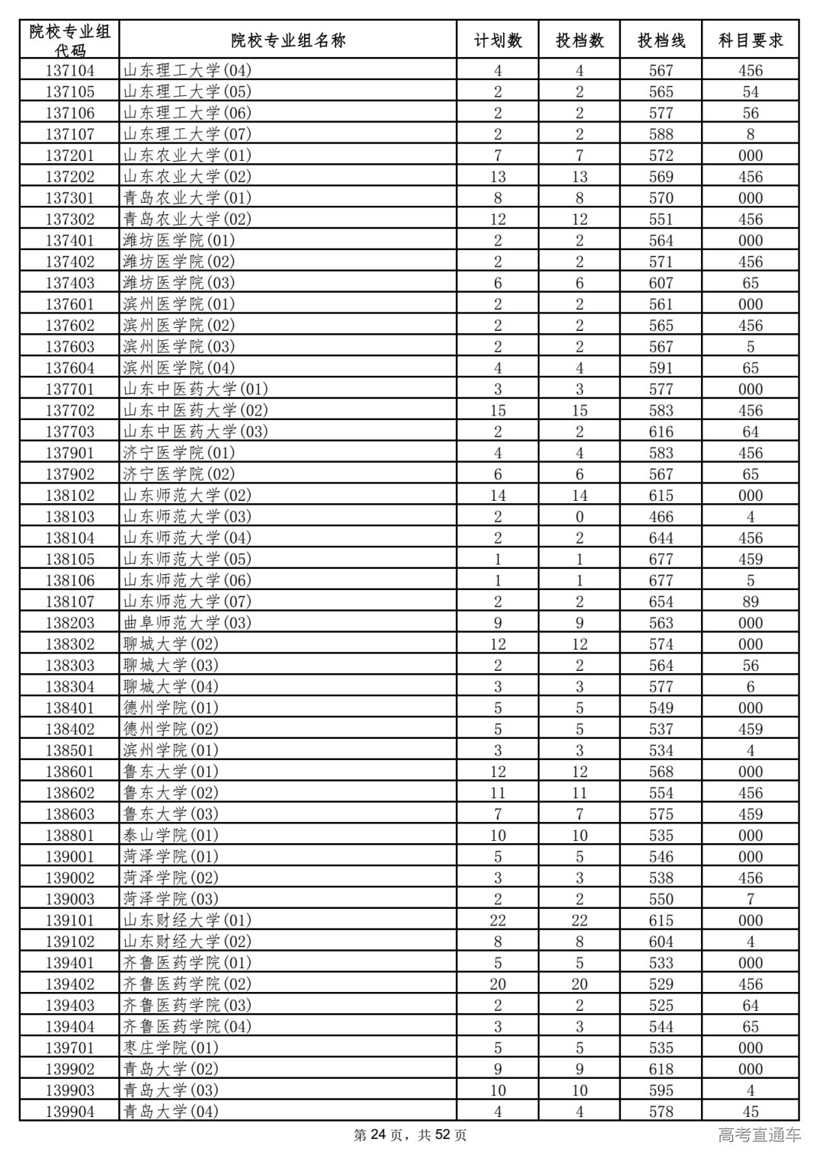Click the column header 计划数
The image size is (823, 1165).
(498, 40)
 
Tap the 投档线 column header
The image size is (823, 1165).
(661, 40)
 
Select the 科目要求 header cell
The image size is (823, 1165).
(751, 40)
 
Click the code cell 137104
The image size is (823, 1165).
(70, 71)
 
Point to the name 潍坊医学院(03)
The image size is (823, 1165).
(179, 283)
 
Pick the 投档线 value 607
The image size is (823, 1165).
(661, 283)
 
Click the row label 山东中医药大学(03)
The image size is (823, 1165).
(196, 432)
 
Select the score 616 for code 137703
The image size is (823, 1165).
(661, 432)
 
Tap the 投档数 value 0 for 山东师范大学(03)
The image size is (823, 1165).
(579, 517)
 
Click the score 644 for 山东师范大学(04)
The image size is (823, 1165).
(661, 538)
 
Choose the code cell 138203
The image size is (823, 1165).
(70, 623)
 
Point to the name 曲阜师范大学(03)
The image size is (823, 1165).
(187, 623)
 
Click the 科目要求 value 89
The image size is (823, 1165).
(751, 602)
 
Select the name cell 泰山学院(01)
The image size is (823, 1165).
(171, 836)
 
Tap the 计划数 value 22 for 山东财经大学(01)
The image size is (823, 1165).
(498, 920)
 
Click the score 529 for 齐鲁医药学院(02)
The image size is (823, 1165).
(661, 984)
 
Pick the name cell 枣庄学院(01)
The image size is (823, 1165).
(171, 1048)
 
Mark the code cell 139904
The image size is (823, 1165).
(70, 1112)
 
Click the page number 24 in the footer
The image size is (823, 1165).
(379, 1135)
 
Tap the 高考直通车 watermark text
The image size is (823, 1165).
(759, 1135)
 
